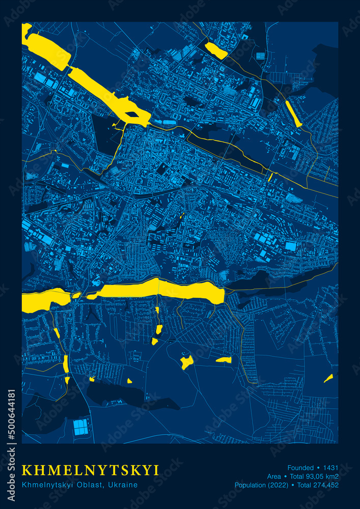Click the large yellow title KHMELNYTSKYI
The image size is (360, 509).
click(x=91, y=469)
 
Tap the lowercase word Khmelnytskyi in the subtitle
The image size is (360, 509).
click(x=44, y=485)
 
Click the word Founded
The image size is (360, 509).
click(x=300, y=467)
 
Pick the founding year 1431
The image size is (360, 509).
click(x=330, y=467)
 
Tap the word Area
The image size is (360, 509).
click(x=274, y=476)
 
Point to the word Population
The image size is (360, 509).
click(x=252, y=485)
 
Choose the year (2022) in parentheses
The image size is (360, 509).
click(x=280, y=485)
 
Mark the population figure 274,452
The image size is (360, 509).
click(x=327, y=485)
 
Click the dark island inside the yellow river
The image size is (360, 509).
click(x=132, y=114)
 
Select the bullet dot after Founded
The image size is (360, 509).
click(x=318, y=467)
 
